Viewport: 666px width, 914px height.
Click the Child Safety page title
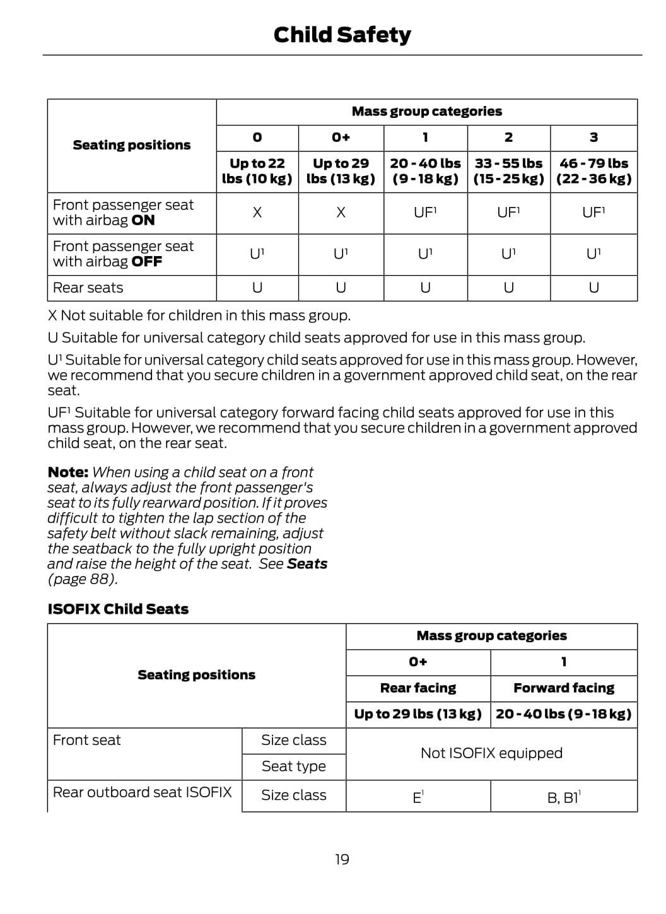click(342, 35)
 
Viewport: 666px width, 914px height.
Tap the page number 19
click(342, 859)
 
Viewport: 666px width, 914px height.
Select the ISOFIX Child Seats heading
click(118, 609)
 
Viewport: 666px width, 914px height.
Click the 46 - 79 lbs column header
click(593, 171)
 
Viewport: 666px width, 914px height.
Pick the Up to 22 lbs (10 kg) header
click(257, 171)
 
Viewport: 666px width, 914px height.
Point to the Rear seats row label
click(88, 288)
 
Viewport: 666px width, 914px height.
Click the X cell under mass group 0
click(257, 213)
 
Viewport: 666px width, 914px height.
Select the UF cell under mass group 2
click(508, 213)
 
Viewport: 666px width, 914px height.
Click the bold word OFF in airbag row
click(147, 262)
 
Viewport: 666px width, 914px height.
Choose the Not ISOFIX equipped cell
click(491, 753)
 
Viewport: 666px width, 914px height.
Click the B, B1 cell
click(563, 798)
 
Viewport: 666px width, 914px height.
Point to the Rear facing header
click(418, 688)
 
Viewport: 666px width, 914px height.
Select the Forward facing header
click(564, 688)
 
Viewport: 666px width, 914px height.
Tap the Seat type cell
click(294, 766)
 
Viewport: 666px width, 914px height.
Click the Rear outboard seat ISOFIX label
click(143, 792)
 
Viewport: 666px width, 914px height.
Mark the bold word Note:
click(68, 472)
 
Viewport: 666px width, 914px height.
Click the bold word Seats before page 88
click(307, 564)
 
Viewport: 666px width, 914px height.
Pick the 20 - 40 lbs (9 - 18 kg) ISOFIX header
click(564, 714)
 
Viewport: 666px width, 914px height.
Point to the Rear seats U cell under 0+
click(341, 288)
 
